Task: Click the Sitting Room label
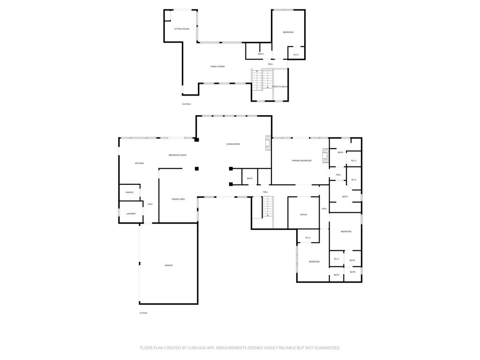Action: tap(182, 29)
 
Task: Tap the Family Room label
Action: tap(217, 67)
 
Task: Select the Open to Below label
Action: tap(280, 87)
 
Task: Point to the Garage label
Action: tap(168, 265)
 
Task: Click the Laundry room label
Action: tap(131, 214)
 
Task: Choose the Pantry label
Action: tap(129, 193)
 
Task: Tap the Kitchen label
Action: tap(139, 163)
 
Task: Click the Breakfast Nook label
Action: tap(178, 155)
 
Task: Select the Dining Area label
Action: tap(178, 199)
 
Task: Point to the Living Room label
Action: tap(233, 144)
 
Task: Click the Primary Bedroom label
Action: tap(301, 161)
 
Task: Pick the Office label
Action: tap(303, 215)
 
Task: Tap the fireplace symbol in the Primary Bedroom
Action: tap(325, 156)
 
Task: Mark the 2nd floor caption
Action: tap(187, 104)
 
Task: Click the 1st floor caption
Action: tap(143, 313)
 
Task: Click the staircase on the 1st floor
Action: tap(267, 207)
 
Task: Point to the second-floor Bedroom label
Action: tap(288, 32)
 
